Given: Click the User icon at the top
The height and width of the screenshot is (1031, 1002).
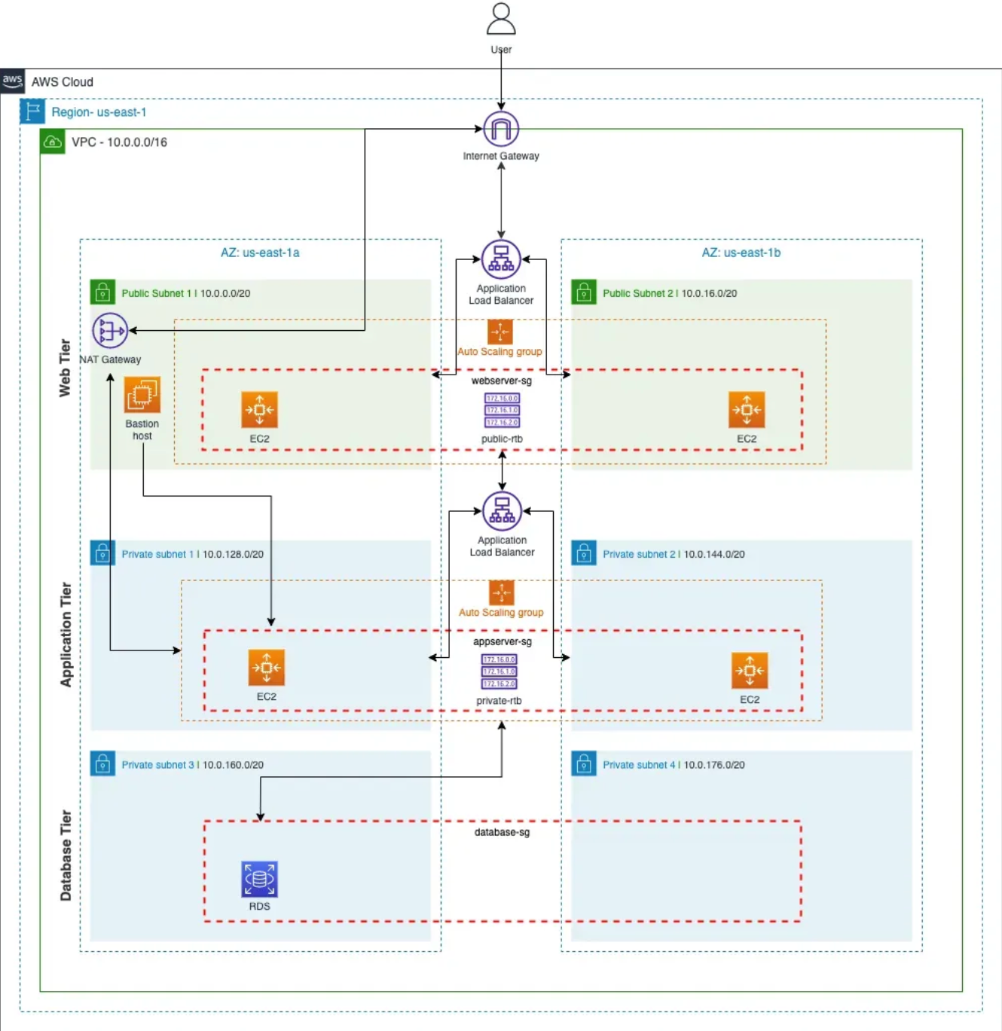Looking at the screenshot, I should tap(501, 20).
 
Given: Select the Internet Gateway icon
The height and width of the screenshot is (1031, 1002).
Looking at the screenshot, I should tap(501, 129).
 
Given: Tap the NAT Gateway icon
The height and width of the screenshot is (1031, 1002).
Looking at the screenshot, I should tap(110, 331).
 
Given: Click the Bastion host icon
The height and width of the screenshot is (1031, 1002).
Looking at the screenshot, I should tap(142, 395).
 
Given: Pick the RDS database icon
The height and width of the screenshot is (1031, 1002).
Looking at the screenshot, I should tap(259, 879).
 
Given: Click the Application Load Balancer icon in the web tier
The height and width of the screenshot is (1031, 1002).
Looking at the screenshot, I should tap(501, 259).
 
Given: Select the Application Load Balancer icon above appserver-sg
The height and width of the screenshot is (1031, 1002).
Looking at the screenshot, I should tap(502, 511).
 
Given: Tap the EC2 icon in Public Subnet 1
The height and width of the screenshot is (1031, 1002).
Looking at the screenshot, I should tap(259, 410).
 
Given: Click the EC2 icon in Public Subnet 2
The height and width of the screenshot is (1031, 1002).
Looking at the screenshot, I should tap(747, 410).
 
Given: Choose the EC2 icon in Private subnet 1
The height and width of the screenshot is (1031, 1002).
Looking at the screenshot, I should tap(267, 668).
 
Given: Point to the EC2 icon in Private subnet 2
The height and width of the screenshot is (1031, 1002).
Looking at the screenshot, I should tap(750, 671).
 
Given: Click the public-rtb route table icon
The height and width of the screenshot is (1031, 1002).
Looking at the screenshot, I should tap(502, 411).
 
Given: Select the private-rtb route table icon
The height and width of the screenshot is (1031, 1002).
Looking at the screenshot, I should tap(499, 672).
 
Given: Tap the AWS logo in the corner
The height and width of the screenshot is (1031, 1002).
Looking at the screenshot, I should tap(13, 81).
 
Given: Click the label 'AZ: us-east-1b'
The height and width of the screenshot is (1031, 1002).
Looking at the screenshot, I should tap(741, 252).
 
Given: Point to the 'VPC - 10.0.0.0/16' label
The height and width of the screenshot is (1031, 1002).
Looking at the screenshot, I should tap(119, 142).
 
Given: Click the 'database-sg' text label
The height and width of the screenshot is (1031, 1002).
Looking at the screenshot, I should tap(502, 832).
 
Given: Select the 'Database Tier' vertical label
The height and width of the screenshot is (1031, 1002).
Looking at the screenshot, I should tap(66, 855).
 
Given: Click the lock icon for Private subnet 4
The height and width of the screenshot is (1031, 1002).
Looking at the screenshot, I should tap(584, 764).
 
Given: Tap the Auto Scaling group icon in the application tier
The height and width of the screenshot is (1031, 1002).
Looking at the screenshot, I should tap(501, 592).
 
